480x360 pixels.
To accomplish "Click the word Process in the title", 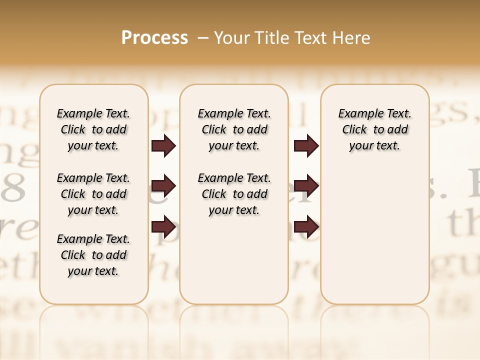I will [154, 38].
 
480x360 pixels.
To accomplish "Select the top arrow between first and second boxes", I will [163, 146].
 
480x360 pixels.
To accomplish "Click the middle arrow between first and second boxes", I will [163, 186].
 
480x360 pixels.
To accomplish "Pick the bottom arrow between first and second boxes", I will [163, 227].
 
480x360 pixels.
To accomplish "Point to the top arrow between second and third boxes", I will [306, 146].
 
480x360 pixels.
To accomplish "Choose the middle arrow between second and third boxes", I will [306, 186].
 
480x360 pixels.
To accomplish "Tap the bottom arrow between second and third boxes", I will [306, 227].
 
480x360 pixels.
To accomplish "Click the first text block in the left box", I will [93, 129].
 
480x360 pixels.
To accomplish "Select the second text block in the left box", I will [93, 194].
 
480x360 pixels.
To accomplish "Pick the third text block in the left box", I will [93, 255].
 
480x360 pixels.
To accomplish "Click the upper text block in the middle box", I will [234, 129].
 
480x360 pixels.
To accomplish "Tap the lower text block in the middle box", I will [234, 194].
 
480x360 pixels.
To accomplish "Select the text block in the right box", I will [375, 129].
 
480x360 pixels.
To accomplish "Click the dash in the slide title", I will [203, 38].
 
